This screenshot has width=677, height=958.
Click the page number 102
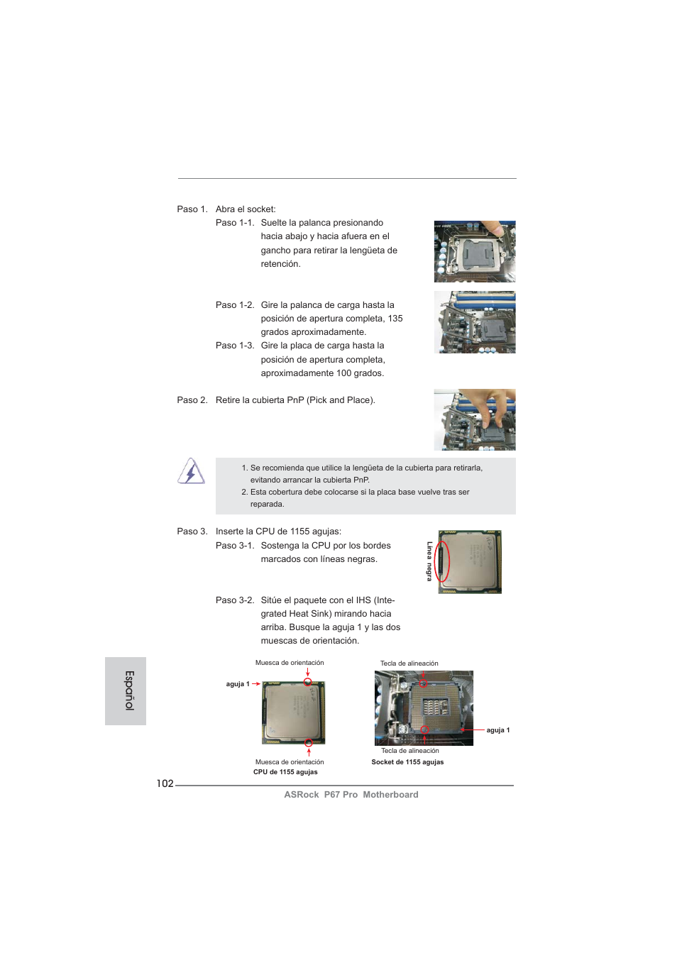coord(165,783)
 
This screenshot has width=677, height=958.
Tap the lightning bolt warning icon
coord(191,471)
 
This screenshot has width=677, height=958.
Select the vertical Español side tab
coord(126,690)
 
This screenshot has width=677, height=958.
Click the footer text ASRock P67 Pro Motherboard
coord(351,795)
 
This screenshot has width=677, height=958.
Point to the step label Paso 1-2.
coord(235,305)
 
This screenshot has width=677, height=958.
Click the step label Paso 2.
coord(192,400)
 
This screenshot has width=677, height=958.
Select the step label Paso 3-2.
coord(235,600)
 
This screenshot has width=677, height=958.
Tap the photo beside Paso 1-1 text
coord(474,251)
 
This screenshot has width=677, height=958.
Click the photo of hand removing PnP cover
coord(474,419)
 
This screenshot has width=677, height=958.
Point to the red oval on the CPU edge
coord(442,561)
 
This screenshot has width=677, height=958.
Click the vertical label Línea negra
coord(429,561)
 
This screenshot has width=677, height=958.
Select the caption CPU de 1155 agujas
coord(285,772)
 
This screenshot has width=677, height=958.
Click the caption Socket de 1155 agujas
coord(407,762)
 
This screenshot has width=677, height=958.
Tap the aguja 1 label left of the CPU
coord(237,684)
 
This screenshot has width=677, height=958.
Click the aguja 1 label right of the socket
coord(497,730)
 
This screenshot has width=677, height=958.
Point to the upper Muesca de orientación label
coord(290,663)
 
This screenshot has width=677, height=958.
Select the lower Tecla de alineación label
coord(409,751)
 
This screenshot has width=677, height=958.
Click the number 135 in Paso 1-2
coord(395,319)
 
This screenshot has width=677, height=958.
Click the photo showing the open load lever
coord(474,322)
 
